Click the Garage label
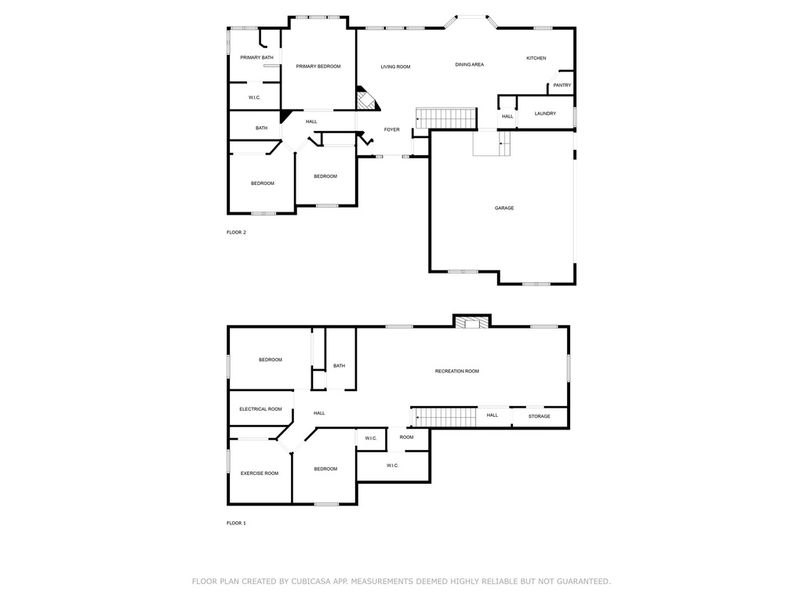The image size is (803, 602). click(504, 208)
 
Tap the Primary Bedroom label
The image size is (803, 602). click(318, 66)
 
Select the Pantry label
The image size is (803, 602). click(561, 85)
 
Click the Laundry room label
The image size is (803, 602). click(545, 113)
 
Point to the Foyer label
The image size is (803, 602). click(392, 129)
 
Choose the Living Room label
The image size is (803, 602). click(395, 67)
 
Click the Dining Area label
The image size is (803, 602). click(470, 64)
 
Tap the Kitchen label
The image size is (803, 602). click(536, 58)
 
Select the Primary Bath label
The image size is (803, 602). click(256, 57)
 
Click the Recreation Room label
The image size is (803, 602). click(457, 371)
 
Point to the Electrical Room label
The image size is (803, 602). click(260, 409)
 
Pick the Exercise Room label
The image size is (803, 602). click(260, 473)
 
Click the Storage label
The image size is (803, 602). click(540, 416)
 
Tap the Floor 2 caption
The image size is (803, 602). click(236, 232)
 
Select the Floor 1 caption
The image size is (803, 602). click(236, 523)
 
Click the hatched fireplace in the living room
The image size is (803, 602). click(367, 100)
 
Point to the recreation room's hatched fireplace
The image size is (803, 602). click(471, 322)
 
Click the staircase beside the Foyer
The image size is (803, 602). click(446, 118)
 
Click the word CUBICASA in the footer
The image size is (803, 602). click(311, 581)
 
